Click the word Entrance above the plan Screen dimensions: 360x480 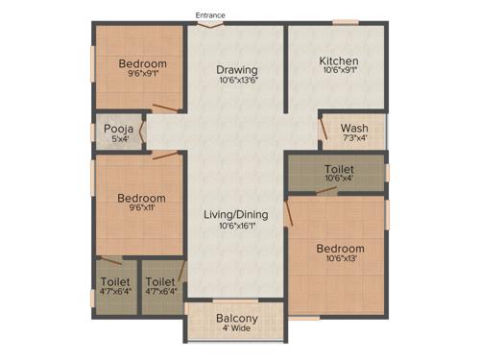(x=210, y=14)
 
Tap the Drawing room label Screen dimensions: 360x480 (x=236, y=69)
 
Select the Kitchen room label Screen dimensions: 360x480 (x=338, y=60)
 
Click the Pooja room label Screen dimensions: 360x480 (x=118, y=127)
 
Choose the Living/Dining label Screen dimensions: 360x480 (x=236, y=214)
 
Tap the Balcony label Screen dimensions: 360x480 (x=236, y=318)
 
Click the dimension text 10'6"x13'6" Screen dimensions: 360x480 (x=236, y=81)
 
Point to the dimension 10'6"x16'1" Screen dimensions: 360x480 (x=236, y=227)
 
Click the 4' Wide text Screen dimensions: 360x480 (x=236, y=330)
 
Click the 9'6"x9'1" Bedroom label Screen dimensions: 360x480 (x=142, y=64)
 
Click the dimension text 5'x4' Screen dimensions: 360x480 (x=118, y=138)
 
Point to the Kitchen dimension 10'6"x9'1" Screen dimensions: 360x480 (x=338, y=71)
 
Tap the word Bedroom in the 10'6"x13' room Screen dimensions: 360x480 (x=340, y=249)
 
